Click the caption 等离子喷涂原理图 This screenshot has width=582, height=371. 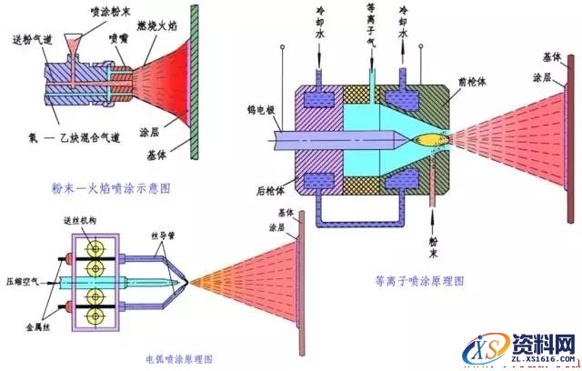(419, 281)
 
